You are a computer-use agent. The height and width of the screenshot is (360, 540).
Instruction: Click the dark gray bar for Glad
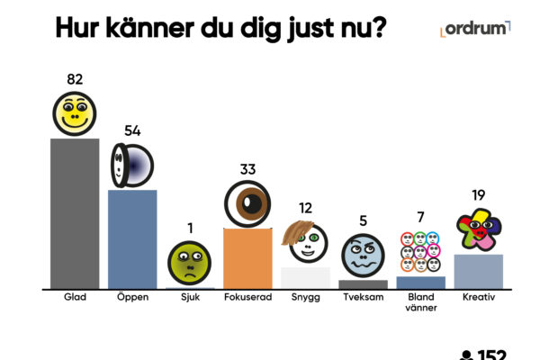tap(75, 213)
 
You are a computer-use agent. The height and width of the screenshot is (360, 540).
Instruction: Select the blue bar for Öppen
tap(132, 238)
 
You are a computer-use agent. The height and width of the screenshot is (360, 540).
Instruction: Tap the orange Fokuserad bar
tap(247, 258)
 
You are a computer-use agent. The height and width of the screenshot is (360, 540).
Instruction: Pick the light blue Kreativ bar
tap(478, 271)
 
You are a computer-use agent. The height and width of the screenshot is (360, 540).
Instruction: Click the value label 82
tap(75, 79)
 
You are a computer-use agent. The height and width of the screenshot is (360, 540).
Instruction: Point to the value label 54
tap(132, 131)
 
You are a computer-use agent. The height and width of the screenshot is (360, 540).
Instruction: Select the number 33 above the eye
tap(248, 168)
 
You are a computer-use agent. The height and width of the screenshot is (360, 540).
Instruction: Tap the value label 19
tap(478, 195)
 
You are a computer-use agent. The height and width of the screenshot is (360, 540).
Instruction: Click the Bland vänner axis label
tap(420, 301)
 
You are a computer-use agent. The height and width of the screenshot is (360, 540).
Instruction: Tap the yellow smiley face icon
tap(75, 113)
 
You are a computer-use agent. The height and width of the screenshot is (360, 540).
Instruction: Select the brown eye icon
tap(247, 203)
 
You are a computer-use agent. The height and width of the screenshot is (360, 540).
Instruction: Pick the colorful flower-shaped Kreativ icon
tap(478, 230)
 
